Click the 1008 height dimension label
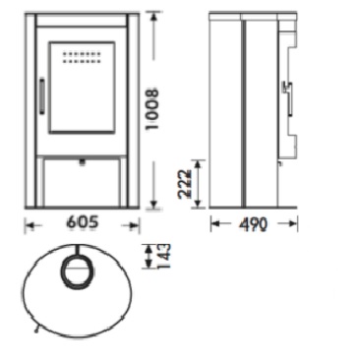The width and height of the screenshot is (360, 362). [x=152, y=109]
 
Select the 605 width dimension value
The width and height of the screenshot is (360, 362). [x=83, y=222]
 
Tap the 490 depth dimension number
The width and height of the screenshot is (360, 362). [x=253, y=224]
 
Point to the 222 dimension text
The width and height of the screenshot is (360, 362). [x=184, y=184]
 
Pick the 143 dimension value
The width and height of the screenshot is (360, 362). [x=163, y=257]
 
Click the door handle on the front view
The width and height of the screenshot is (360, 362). [x=41, y=95]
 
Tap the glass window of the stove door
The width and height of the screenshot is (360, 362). [x=82, y=88]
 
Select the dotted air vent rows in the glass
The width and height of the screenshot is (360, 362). [x=81, y=57]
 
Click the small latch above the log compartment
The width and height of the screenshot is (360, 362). [x=82, y=161]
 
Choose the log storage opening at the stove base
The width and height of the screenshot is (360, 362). [x=82, y=184]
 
